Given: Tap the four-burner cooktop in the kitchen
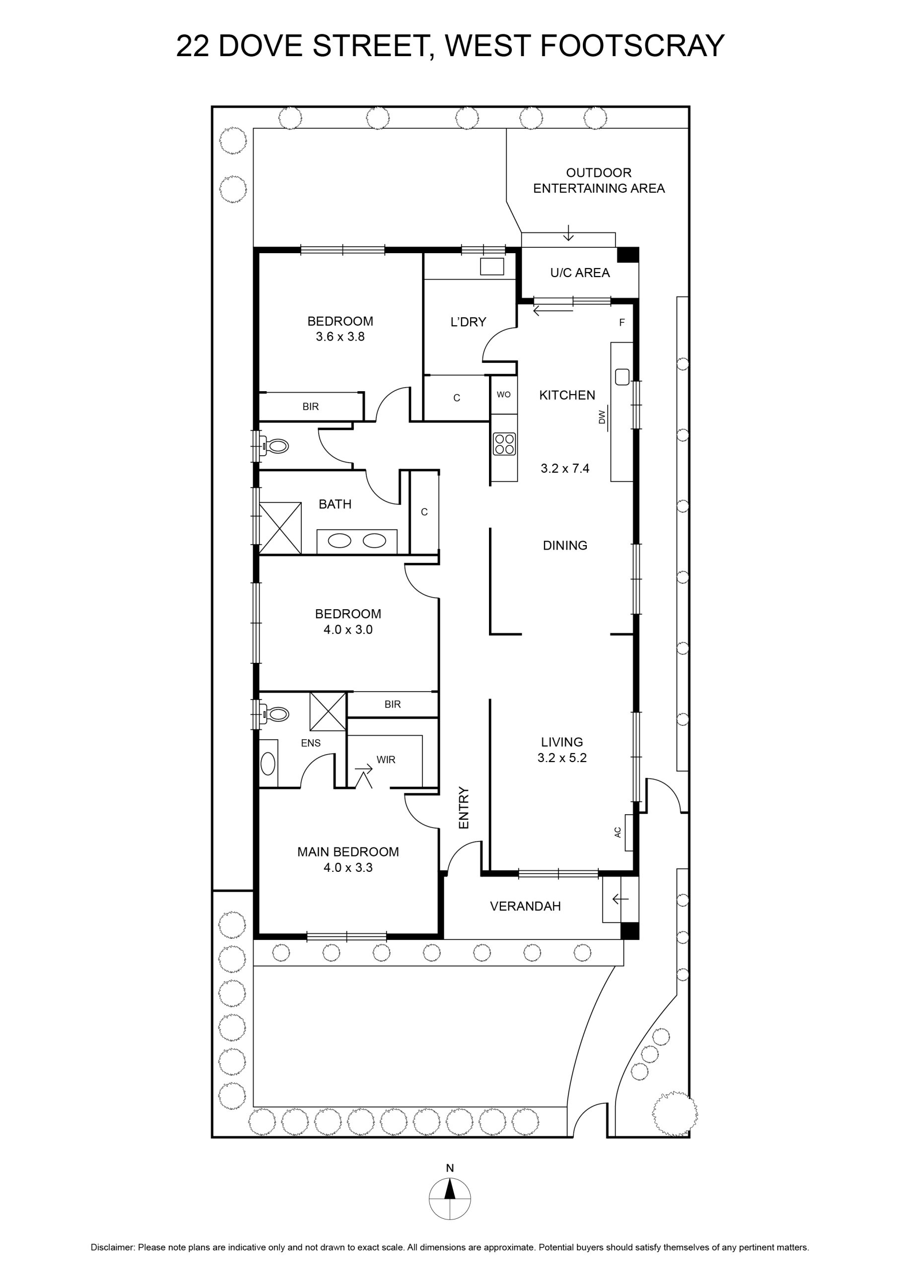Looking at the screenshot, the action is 505,443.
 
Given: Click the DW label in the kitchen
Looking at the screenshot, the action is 602,416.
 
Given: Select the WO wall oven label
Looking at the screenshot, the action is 504,395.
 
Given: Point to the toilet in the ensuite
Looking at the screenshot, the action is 275,714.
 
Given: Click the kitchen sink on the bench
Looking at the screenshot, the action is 622,376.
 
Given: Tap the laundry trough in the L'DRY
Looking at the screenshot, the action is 492,266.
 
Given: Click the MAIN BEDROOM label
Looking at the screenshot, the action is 348,852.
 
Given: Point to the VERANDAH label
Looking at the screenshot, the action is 525,906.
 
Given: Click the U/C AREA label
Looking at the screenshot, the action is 580,273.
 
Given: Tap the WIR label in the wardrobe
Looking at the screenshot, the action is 386,760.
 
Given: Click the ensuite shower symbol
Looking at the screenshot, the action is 328,711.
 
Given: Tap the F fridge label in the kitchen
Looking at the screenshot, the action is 622,322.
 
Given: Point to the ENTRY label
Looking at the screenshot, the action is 464,808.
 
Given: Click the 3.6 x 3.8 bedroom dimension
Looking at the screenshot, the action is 341,337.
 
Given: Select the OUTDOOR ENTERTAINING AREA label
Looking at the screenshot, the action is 599,180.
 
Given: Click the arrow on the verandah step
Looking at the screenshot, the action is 621,899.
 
